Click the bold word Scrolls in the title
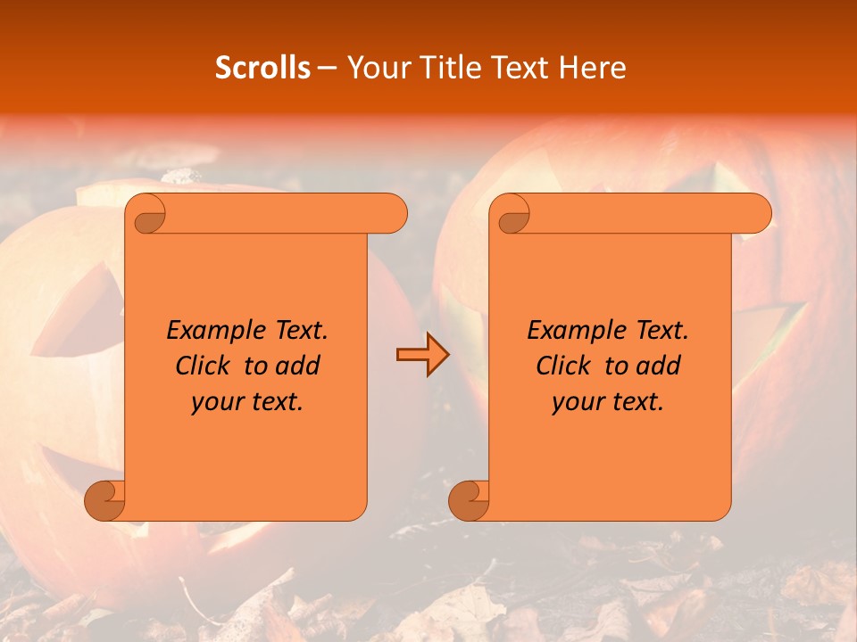pyautogui.click(x=262, y=68)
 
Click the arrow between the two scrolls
pyautogui.click(x=422, y=355)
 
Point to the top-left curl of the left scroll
pyautogui.click(x=148, y=215)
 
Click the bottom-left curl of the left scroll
pyautogui.click(x=104, y=499)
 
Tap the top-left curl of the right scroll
pyautogui.click(x=512, y=215)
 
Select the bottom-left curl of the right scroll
pyautogui.click(x=468, y=499)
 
